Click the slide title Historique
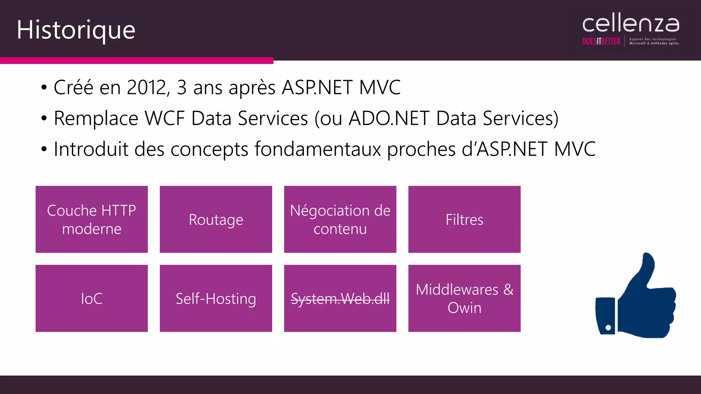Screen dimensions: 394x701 (76, 30)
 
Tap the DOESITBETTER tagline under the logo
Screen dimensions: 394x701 (601, 41)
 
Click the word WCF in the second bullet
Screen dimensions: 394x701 (164, 118)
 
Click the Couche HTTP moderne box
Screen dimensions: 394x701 (92, 219)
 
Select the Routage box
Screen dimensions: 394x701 (216, 219)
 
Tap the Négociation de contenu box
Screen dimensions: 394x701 (340, 219)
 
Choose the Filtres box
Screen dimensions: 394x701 (464, 219)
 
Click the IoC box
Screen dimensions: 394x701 (92, 298)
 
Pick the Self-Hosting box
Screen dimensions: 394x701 (216, 298)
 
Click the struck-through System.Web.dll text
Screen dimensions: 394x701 (340, 299)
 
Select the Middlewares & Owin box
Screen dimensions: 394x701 (464, 298)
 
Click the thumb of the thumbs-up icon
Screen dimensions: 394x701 (645, 270)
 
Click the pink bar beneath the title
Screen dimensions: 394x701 (137, 61)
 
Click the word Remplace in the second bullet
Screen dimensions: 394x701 (96, 118)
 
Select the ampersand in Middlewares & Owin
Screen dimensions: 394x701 (508, 290)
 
